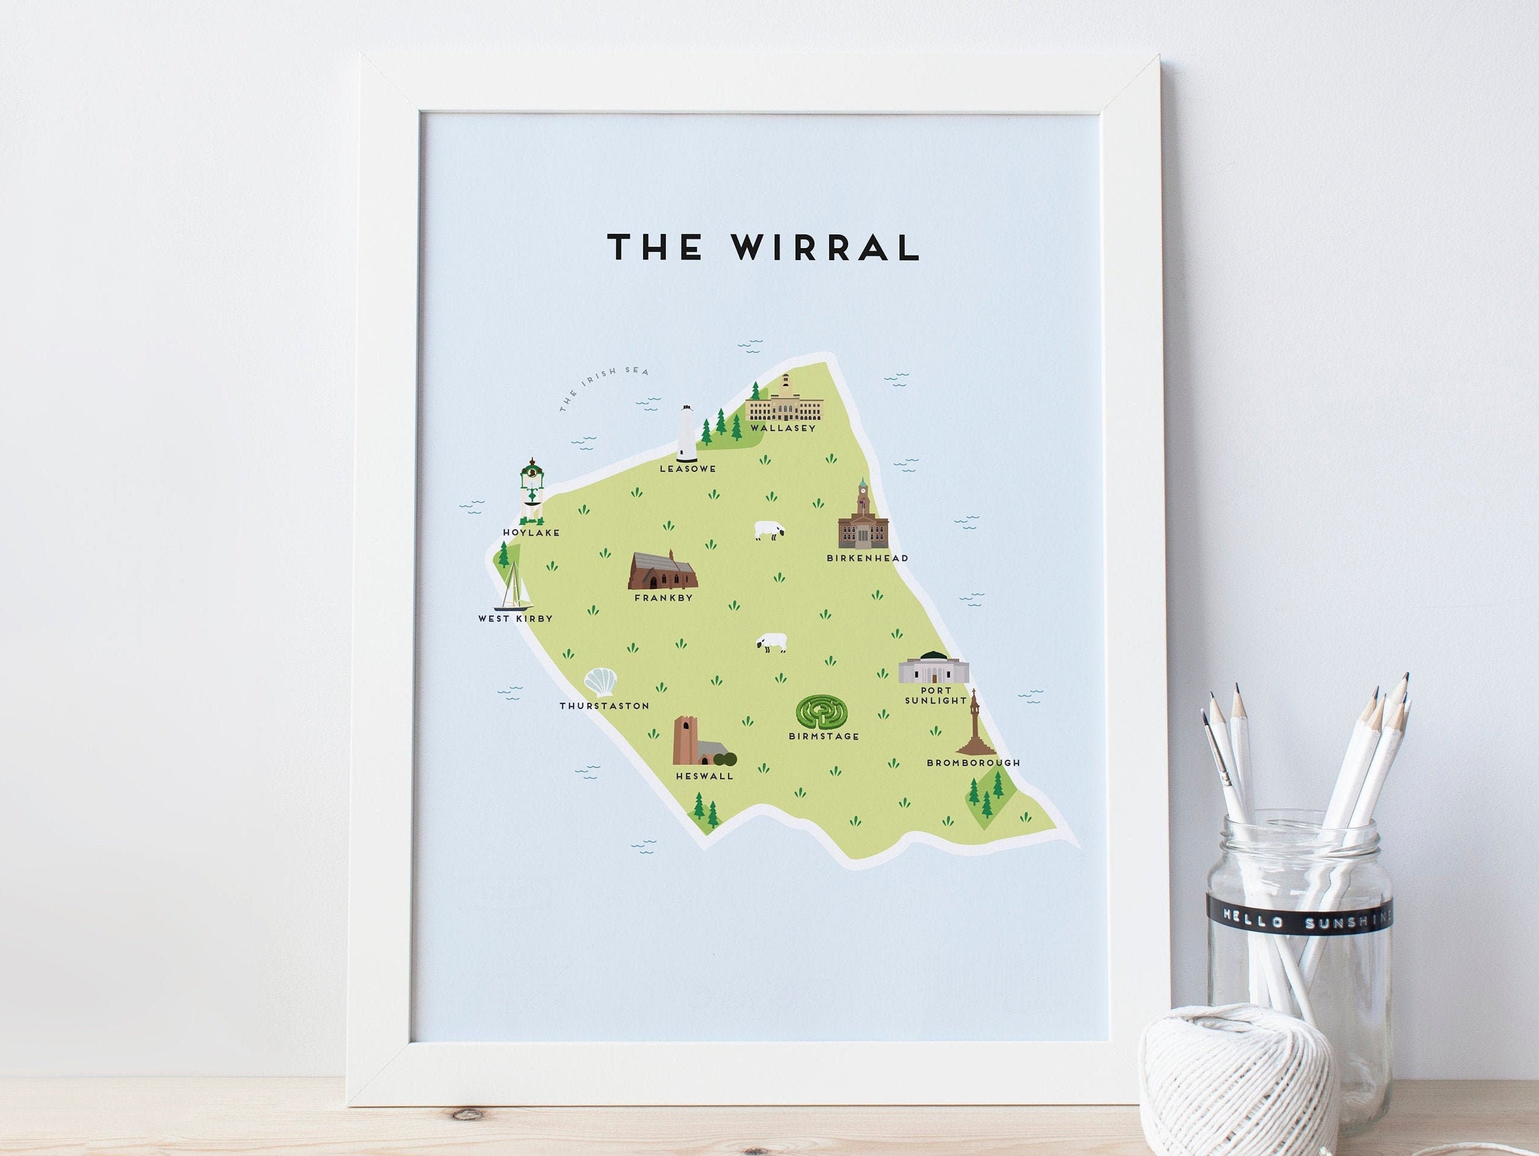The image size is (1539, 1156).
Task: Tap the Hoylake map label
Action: [531, 533]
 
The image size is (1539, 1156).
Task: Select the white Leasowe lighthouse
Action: [687, 434]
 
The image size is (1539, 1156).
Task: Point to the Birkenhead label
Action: [867, 558]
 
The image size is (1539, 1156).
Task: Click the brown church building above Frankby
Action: [662, 571]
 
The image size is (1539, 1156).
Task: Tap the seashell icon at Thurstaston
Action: [600, 682]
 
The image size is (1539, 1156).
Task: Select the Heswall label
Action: [704, 776]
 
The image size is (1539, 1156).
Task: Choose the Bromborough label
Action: [973, 763]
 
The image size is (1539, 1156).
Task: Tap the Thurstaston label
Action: [604, 706]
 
